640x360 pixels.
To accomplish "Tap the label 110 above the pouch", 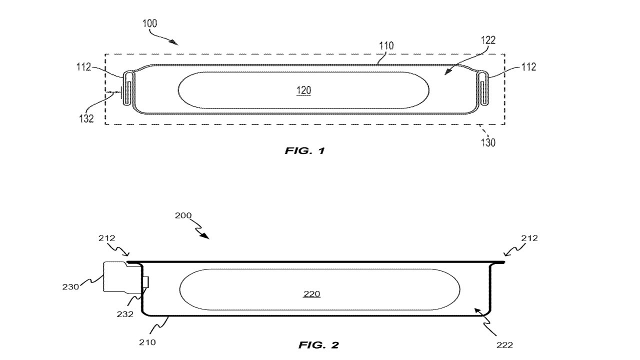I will (386, 46).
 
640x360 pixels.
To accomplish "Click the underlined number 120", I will (303, 90).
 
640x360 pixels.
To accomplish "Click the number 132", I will (86, 118).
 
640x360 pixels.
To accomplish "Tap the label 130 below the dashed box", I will (488, 142).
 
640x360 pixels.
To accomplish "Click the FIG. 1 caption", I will (305, 150).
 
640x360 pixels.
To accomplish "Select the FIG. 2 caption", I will (319, 344).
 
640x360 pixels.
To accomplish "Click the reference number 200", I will (183, 216).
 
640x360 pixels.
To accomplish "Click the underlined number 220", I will (311, 294).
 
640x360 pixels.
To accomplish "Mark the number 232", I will (125, 314).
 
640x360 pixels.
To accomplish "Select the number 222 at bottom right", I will (504, 344).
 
